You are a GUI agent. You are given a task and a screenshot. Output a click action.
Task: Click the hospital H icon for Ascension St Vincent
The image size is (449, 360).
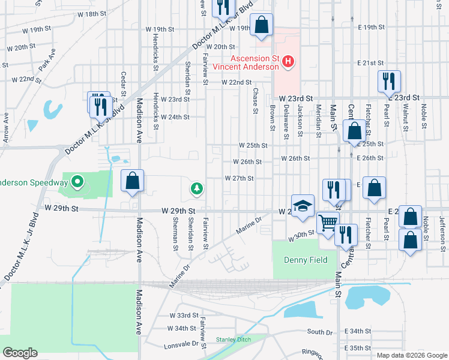pyautogui.click(x=288, y=61)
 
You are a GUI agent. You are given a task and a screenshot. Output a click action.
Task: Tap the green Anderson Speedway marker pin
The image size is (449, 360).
pyautogui.click(x=77, y=182)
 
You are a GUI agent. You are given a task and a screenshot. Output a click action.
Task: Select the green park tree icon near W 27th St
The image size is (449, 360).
pyautogui.click(x=196, y=189)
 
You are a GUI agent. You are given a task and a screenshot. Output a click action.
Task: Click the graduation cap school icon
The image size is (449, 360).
pyautogui.click(x=303, y=206)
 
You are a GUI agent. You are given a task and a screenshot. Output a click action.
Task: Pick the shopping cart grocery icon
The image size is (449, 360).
pyautogui.click(x=328, y=223)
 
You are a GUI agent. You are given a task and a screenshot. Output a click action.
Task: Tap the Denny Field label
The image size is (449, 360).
pyautogui.click(x=305, y=260)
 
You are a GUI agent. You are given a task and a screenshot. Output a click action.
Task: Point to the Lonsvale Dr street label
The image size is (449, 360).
pyautogui.click(x=183, y=344)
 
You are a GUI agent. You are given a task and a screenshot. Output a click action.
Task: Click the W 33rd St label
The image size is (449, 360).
pyautogui.click(x=182, y=315)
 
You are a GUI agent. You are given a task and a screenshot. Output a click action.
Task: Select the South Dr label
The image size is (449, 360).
pyautogui.click(x=319, y=332)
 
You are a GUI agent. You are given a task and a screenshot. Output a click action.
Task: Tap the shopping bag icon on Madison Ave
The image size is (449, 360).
pyautogui.click(x=133, y=181)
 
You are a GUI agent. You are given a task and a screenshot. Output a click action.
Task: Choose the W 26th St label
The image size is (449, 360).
pyautogui.click(x=247, y=161)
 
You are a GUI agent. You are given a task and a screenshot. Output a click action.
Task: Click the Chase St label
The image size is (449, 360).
pyautogui.click(x=255, y=101)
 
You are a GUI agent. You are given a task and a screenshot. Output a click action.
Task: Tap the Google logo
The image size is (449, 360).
pyautogui.click(x=20, y=352)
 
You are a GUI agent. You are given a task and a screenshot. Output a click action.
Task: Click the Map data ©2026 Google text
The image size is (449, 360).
pyautogui.click(x=412, y=355)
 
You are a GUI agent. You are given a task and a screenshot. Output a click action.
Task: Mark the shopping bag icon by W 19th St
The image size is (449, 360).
pyautogui.click(x=262, y=25)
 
